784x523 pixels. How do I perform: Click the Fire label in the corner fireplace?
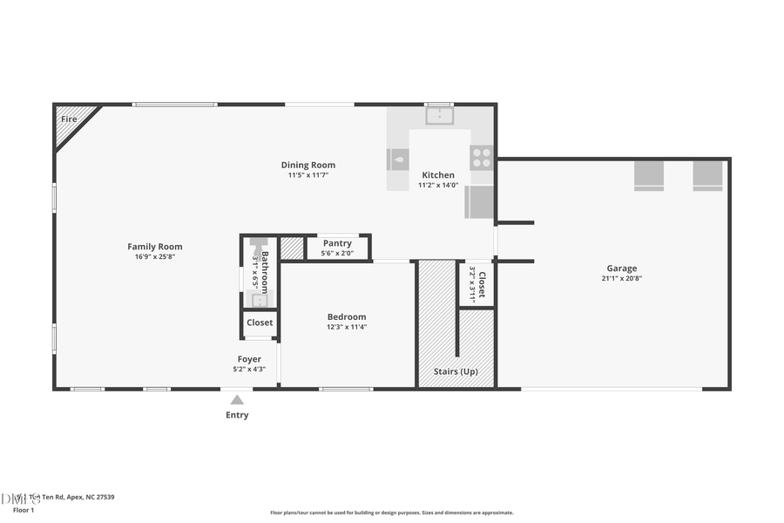click(x=68, y=118)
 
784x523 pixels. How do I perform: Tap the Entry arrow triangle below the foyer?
click(x=237, y=400)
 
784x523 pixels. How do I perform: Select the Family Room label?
click(x=155, y=247)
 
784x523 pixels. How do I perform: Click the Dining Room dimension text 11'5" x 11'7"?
click(x=308, y=175)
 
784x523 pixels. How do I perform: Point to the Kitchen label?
click(x=438, y=175)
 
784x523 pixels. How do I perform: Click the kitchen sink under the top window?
click(x=440, y=114)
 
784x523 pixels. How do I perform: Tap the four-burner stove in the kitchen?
click(x=482, y=158)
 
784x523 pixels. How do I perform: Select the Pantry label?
click(x=337, y=243)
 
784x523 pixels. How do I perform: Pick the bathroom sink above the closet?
click(x=259, y=300)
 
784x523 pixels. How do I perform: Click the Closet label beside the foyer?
click(x=260, y=323)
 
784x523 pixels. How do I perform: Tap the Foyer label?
click(x=249, y=359)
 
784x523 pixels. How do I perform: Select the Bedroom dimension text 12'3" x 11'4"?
click(x=347, y=327)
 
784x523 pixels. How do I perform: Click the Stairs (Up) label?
click(x=456, y=371)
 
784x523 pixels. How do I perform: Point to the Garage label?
click(x=622, y=268)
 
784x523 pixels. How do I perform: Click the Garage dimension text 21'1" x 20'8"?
click(x=622, y=279)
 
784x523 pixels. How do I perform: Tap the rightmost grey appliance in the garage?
click(x=707, y=175)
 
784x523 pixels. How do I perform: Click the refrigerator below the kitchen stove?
click(x=481, y=202)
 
